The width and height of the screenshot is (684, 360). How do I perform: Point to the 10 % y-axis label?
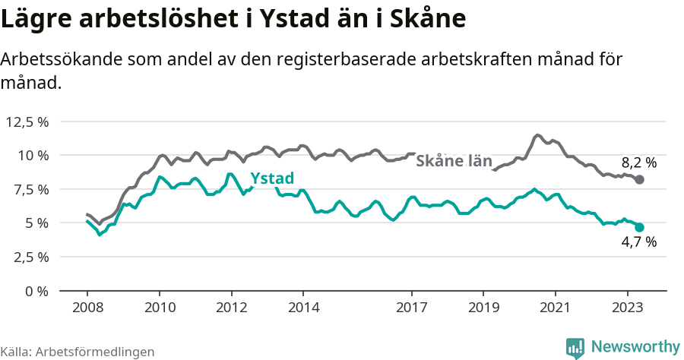pyautogui.click(x=33, y=155)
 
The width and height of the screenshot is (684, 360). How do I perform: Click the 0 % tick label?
pyautogui.click(x=37, y=291)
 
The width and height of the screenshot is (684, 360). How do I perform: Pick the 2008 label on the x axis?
pyautogui.click(x=87, y=308)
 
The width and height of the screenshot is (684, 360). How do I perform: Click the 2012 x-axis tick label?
pyautogui.click(x=231, y=308)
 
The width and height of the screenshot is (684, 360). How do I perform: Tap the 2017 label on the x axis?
pyautogui.click(x=411, y=308)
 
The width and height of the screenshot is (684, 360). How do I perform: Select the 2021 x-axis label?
pyautogui.click(x=556, y=308)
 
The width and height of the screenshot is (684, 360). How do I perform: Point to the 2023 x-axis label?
pyautogui.click(x=628, y=308)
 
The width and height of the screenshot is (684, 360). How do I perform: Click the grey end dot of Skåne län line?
pyautogui.click(x=640, y=179)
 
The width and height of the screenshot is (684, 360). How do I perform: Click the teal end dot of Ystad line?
pyautogui.click(x=640, y=227)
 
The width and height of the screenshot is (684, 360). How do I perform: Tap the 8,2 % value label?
pyautogui.click(x=638, y=162)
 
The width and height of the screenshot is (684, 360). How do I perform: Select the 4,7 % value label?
pyautogui.click(x=638, y=243)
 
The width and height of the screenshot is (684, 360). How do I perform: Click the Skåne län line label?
pyautogui.click(x=454, y=161)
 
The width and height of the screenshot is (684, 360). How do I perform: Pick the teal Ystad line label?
pyautogui.click(x=271, y=178)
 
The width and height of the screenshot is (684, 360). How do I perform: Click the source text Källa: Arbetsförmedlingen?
pyautogui.click(x=78, y=352)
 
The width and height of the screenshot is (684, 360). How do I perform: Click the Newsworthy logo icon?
pyautogui.click(x=575, y=347)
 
